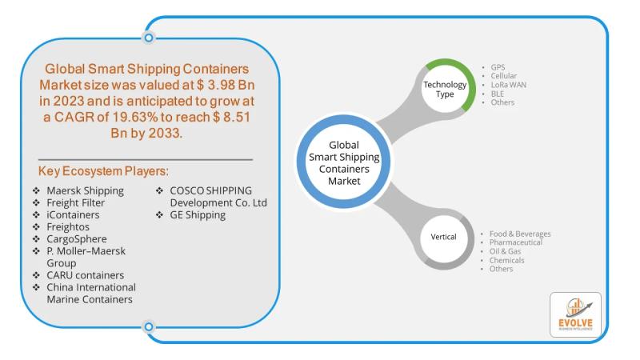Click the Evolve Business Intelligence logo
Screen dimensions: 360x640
(x=574, y=314)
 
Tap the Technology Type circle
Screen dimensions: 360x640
(x=438, y=89)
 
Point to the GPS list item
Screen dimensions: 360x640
(x=497, y=66)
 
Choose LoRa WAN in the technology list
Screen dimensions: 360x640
(x=509, y=84)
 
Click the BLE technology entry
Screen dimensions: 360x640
(x=497, y=94)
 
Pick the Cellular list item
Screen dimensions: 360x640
(x=502, y=75)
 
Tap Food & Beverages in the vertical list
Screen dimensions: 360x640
(x=520, y=234)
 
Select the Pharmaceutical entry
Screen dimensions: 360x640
(x=516, y=242)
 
